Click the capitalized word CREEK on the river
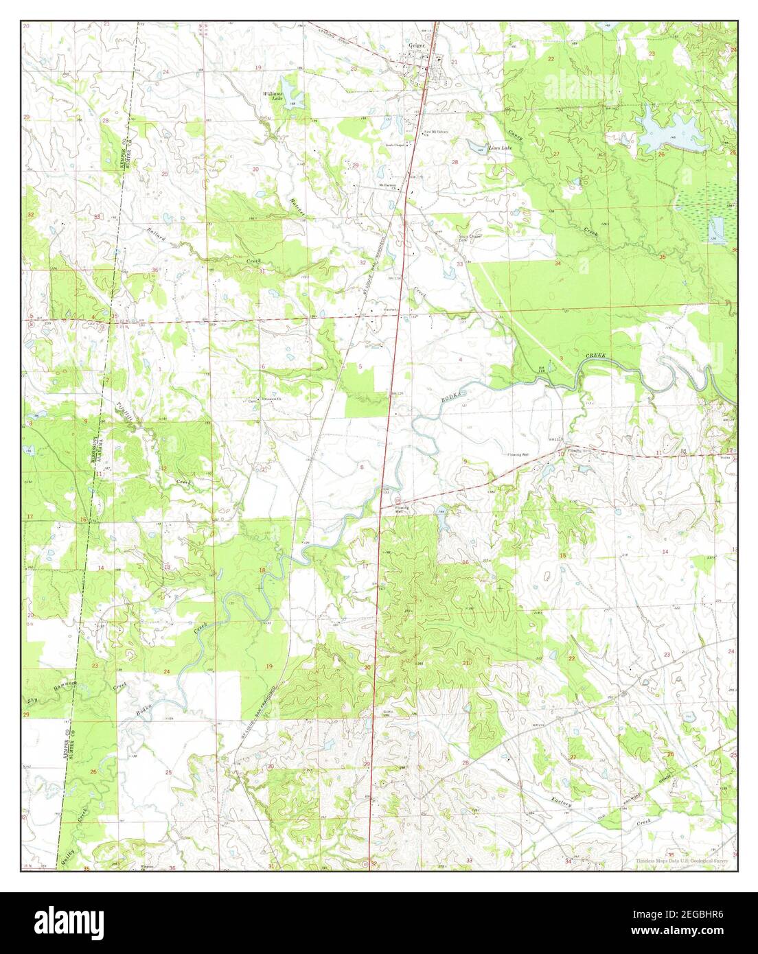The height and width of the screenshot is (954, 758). pyautogui.click(x=597, y=356)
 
